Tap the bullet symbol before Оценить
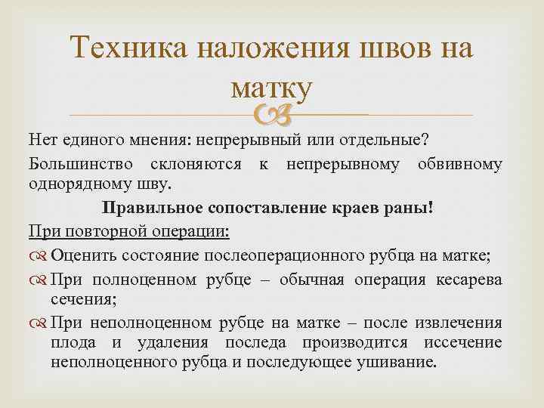[x=38, y=255]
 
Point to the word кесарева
[x=468, y=280]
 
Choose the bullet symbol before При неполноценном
[x=38, y=323]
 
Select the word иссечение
[x=465, y=342]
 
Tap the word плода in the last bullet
[x=70, y=342]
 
